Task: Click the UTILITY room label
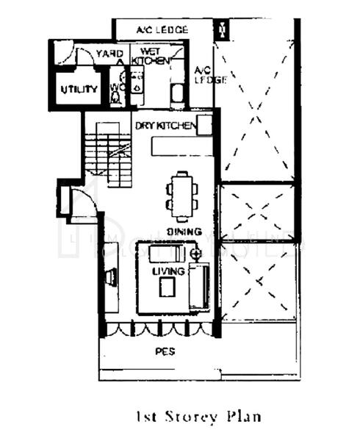[79, 90]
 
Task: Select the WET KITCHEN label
[151, 55]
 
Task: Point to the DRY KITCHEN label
[165, 126]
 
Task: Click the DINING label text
[184, 232]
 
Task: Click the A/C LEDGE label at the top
[162, 30]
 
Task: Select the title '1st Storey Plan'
[198, 417]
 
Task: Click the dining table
[183, 195]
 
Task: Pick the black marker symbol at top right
[221, 30]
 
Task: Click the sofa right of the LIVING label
[198, 287]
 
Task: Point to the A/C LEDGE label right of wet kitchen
[203, 75]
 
